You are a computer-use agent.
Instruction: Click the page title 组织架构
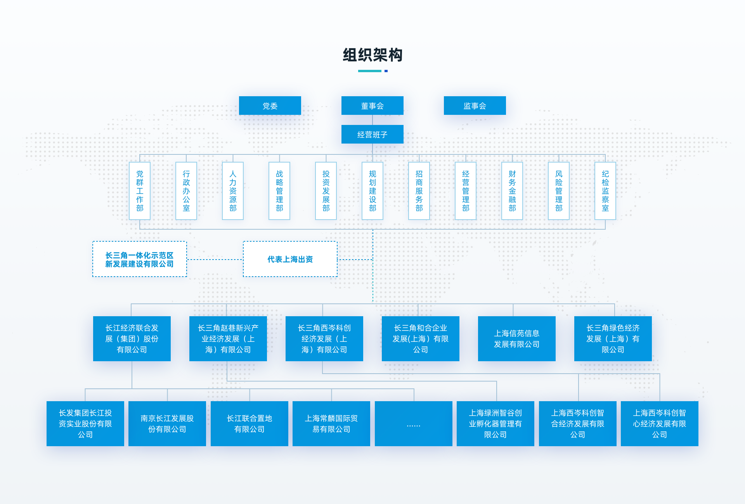point(372,55)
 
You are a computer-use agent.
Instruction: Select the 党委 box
point(270,106)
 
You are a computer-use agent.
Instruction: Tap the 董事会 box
point(372,106)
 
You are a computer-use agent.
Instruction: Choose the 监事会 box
point(475,106)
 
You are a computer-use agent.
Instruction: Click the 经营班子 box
point(372,134)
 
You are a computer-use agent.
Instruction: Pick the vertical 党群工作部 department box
point(140,191)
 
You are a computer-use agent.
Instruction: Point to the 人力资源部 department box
point(233,191)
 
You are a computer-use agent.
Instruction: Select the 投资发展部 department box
point(326,191)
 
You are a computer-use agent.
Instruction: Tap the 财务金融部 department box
point(512,191)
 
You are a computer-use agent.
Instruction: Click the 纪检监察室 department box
point(605,191)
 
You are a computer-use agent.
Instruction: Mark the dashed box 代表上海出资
point(290,259)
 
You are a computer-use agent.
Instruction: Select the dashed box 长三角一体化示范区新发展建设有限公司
point(140,259)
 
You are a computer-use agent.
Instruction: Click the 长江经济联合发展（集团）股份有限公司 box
point(132,339)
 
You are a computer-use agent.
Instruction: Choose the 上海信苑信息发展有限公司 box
point(517,339)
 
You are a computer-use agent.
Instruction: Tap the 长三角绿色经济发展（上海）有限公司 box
point(613,339)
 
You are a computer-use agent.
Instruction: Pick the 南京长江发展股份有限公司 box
point(167,424)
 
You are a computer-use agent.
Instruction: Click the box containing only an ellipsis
point(414,424)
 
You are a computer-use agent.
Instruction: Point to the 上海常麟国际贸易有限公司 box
point(331,424)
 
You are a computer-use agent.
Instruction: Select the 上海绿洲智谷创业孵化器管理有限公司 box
point(496,424)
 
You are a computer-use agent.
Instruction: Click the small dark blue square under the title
point(386,71)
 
